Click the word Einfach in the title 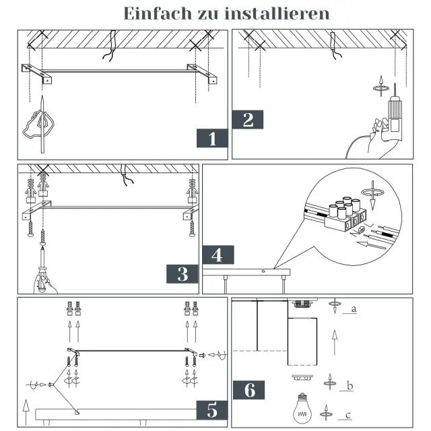158,13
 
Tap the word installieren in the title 277,13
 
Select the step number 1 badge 212,138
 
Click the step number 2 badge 248,120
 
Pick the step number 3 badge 183,274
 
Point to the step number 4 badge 218,255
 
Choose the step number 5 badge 212,410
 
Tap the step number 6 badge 249,390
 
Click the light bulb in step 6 302,409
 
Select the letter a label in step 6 354,309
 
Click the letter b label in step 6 350,386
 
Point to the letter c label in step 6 348,415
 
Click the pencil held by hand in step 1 42,124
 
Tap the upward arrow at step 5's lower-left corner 26,412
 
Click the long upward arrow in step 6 335,342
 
